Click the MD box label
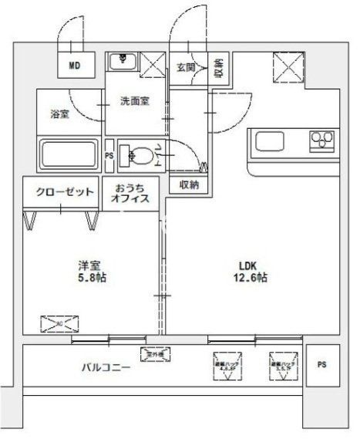point(76,66)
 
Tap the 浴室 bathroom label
point(60,113)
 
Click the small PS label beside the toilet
point(109,154)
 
